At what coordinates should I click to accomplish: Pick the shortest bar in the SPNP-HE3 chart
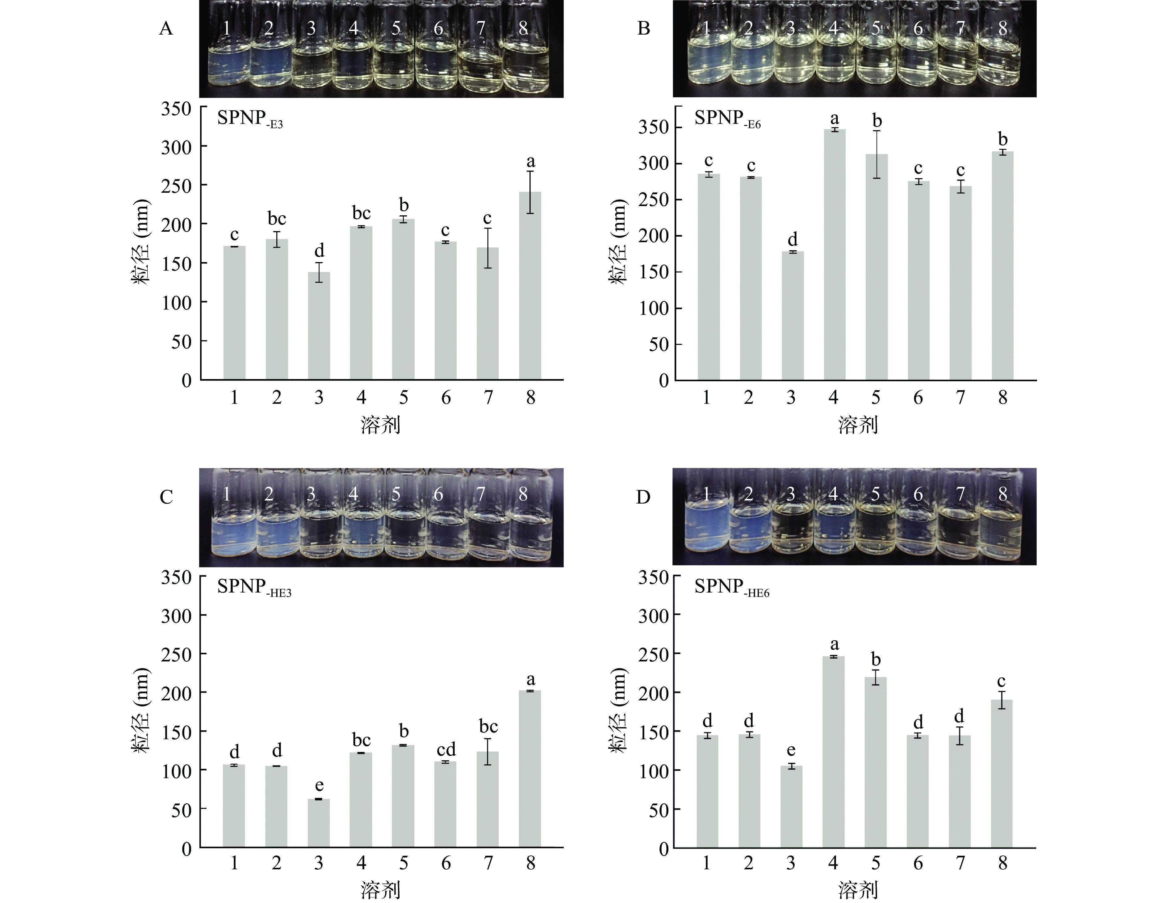tap(319, 823)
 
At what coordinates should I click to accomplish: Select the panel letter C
tap(166, 497)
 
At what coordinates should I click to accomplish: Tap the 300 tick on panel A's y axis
tap(176, 147)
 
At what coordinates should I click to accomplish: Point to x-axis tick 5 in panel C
tap(404, 863)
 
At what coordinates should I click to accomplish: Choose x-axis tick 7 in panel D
tap(960, 863)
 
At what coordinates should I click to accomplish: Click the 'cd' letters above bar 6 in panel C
tap(445, 749)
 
